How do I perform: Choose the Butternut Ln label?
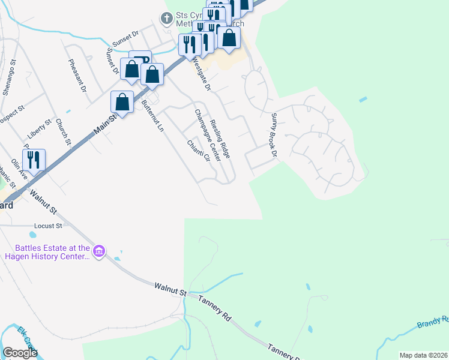[152, 116]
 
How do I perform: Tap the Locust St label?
[49, 226]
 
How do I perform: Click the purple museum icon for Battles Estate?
[100, 251]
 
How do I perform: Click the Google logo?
[20, 353]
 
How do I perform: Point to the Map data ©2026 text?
[423, 355]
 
